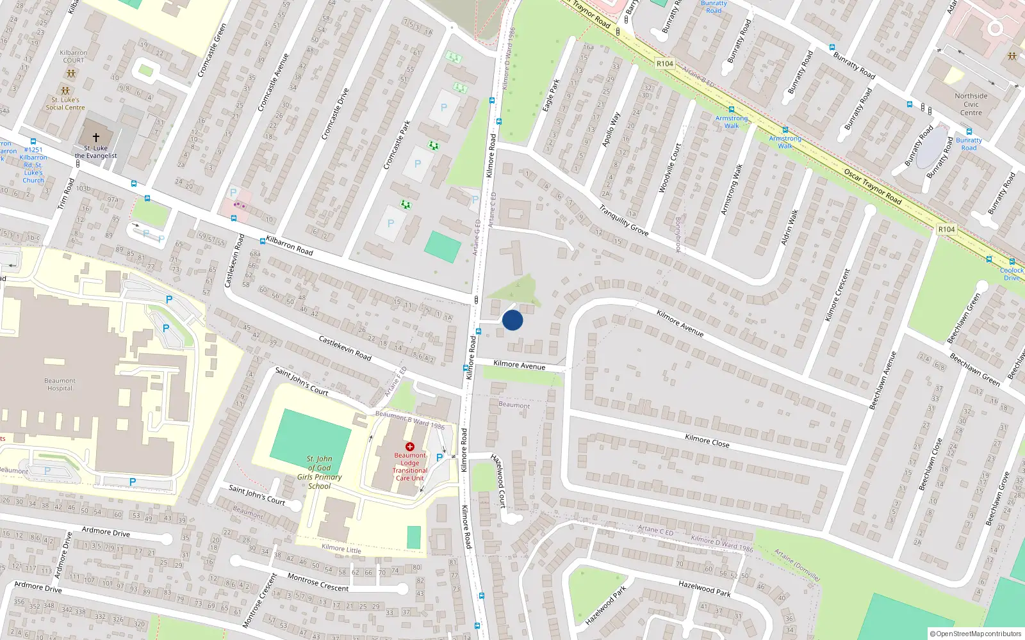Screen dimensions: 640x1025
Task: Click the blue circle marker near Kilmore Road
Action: coord(512,320)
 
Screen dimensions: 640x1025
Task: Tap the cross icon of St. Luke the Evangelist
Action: coord(96,137)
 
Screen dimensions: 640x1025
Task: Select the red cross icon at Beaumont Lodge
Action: coord(410,447)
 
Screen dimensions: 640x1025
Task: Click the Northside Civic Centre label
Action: coord(971,104)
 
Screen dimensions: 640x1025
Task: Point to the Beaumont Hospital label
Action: coord(60,385)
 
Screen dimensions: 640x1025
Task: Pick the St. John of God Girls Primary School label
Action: coord(319,472)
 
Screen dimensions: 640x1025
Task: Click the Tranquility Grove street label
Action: coord(623,220)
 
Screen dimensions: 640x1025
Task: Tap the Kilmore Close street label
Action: coord(707,440)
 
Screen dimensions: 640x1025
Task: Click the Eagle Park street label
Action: coord(551,95)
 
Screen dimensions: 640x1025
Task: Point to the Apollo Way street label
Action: coord(611,131)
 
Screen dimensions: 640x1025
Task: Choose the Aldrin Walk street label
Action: coord(790,227)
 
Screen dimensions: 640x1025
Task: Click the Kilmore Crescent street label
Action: coord(838,295)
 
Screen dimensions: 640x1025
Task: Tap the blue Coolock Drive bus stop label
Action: coord(1012,274)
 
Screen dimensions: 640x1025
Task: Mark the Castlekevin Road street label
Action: coord(345,348)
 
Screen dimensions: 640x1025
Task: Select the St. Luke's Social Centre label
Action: coord(65,104)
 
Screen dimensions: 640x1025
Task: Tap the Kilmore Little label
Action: coord(341,548)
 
